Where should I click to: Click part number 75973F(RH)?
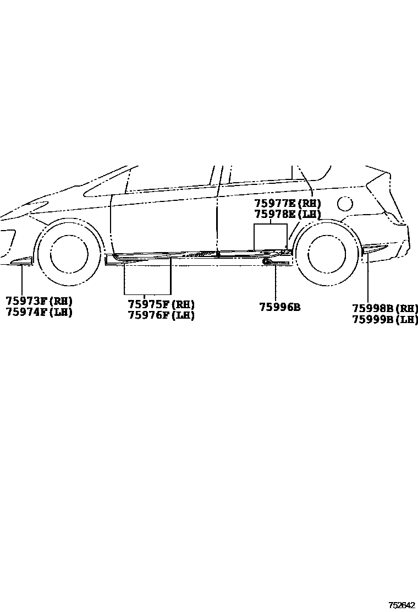pyautogui.click(x=39, y=301)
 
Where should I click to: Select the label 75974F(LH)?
pyautogui.click(x=39, y=312)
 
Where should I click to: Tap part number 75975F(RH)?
pyautogui.click(x=161, y=304)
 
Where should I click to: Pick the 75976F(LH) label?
pyautogui.click(x=161, y=315)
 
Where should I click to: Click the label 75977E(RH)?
pyautogui.click(x=287, y=204)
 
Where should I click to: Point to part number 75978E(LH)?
pyautogui.click(x=287, y=215)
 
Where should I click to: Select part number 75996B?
pyautogui.click(x=280, y=308)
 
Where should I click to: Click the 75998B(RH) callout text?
pyautogui.click(x=385, y=308)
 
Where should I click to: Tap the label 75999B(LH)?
pyautogui.click(x=385, y=319)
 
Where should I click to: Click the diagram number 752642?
pyautogui.click(x=402, y=605)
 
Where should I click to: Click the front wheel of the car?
pyautogui.click(x=69, y=254)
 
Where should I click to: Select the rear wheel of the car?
pyautogui.click(x=327, y=254)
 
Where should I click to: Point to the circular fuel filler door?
pyautogui.click(x=345, y=204)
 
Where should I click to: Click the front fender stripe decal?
pyautogui.click(x=21, y=260)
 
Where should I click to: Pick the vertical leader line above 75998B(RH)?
pyautogui.click(x=367, y=278)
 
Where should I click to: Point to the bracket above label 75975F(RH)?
pyautogui.click(x=147, y=293)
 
